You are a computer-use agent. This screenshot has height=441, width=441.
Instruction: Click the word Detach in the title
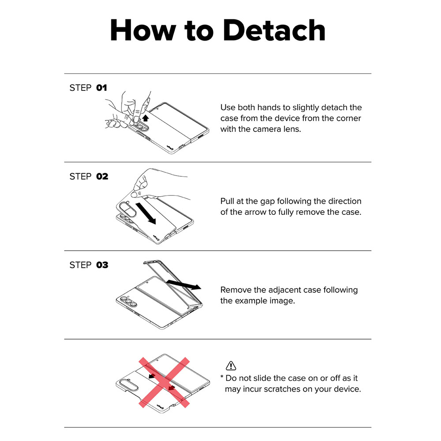[274, 30]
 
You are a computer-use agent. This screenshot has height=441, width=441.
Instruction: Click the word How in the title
[143, 30]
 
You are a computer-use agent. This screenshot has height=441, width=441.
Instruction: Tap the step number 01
[101, 88]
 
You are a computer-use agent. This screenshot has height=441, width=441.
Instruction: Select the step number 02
[102, 176]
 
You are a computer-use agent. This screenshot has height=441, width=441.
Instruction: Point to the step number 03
[102, 265]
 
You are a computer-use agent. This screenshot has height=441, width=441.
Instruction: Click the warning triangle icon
[231, 366]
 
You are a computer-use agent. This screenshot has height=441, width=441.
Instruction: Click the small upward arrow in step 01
[145, 118]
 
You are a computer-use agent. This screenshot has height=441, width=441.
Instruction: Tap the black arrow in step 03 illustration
[183, 284]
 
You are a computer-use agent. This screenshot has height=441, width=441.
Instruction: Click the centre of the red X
[164, 382]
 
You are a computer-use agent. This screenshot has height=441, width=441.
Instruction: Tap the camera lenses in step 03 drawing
[128, 301]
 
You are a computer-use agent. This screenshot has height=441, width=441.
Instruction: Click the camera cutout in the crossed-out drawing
[129, 385]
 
